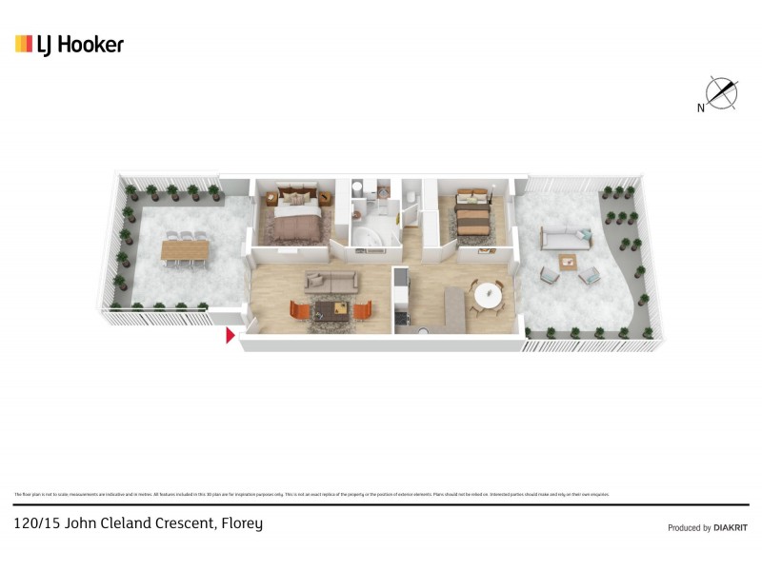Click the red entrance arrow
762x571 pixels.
coord(230,335)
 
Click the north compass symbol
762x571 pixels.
coord(722,93)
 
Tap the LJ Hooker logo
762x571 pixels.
coord(70,44)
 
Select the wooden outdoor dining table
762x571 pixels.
coord(184,249)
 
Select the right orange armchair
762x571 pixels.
coord(362,310)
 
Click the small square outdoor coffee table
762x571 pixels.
coord(569,262)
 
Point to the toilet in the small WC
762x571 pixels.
coord(409,199)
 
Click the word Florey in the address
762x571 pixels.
coord(242,523)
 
